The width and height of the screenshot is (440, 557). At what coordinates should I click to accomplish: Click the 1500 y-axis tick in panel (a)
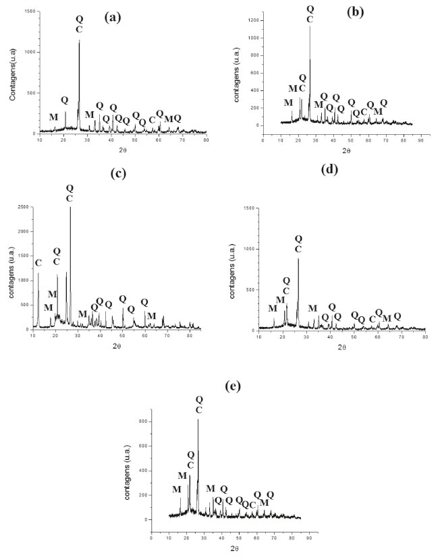point(29,12)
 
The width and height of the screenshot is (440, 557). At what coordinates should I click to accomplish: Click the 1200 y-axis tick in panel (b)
point(252,20)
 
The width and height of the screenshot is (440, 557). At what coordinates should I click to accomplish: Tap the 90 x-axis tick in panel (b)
point(420,141)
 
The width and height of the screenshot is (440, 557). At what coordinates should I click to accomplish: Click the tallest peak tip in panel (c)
point(70,207)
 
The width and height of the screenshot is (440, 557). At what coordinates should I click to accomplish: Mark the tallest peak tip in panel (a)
point(80,40)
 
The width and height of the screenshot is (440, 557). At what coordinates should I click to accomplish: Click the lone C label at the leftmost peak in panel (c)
point(38,262)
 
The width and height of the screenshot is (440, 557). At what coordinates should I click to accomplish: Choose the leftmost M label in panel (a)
point(53,117)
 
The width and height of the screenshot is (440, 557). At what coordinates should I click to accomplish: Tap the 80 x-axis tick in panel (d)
point(424,336)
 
